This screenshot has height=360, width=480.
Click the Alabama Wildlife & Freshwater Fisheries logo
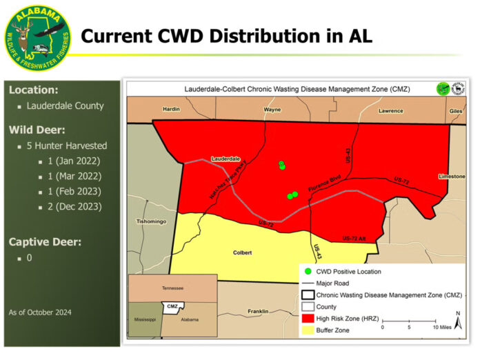point(37,37)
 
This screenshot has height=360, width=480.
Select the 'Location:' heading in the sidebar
point(33,90)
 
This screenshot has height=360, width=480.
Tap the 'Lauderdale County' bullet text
point(65,106)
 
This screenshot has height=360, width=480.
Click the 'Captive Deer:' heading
point(45,241)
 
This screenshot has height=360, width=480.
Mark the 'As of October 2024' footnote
point(40,312)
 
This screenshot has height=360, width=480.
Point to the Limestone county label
point(451,177)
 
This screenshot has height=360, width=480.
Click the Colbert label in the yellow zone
point(241,252)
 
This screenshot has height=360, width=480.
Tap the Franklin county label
point(258,312)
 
